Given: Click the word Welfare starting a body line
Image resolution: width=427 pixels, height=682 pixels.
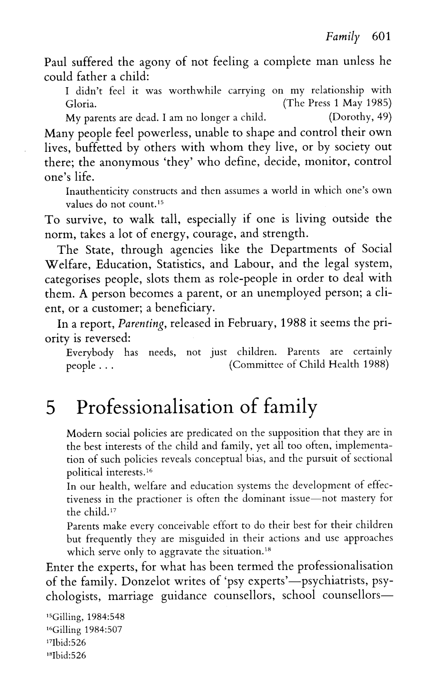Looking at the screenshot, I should pos(67,264).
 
